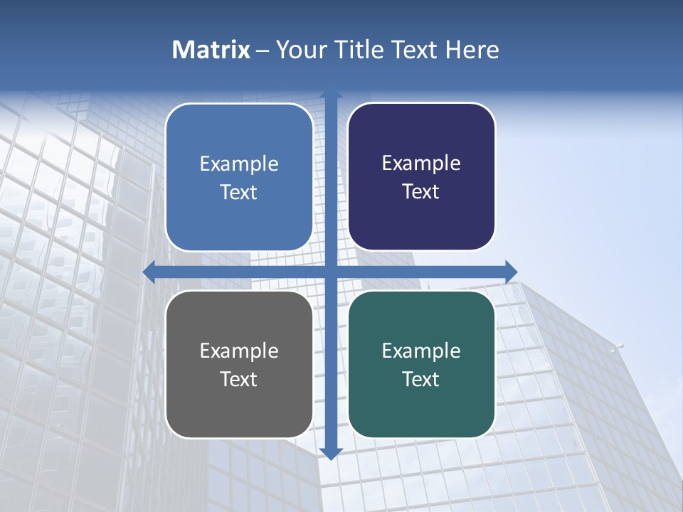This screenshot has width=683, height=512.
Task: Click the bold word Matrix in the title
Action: (211, 50)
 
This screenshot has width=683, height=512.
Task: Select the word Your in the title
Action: (300, 50)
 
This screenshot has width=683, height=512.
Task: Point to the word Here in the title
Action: (472, 50)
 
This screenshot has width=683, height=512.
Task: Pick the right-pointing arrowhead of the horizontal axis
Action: (511, 272)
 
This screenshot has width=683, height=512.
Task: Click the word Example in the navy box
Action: (421, 164)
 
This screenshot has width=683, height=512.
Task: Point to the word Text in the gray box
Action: (239, 379)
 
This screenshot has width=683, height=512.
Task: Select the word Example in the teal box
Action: (421, 351)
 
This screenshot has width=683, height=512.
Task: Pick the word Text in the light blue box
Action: (239, 192)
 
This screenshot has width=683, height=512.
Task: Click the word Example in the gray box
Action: (239, 351)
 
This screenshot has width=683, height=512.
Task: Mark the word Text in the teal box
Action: (421, 379)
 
